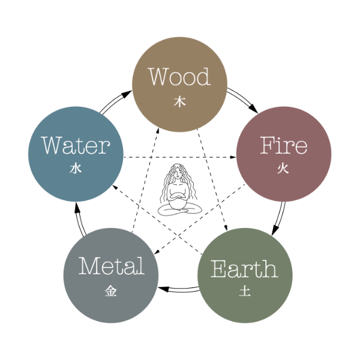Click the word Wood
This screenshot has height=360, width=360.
[179, 77]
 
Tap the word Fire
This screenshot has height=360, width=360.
[284, 146]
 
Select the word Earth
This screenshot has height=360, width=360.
[244, 269]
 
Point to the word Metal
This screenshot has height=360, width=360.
[112, 266]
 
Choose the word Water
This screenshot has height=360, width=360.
[76, 145]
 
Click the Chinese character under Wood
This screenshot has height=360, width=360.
[179, 102]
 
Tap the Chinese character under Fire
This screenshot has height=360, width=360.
[283, 169]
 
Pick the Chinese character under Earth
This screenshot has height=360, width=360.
[244, 292]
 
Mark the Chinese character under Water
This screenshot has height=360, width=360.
[76, 169]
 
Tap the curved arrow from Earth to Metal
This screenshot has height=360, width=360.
[178, 290]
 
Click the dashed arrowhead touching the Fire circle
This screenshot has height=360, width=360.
[233, 157]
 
